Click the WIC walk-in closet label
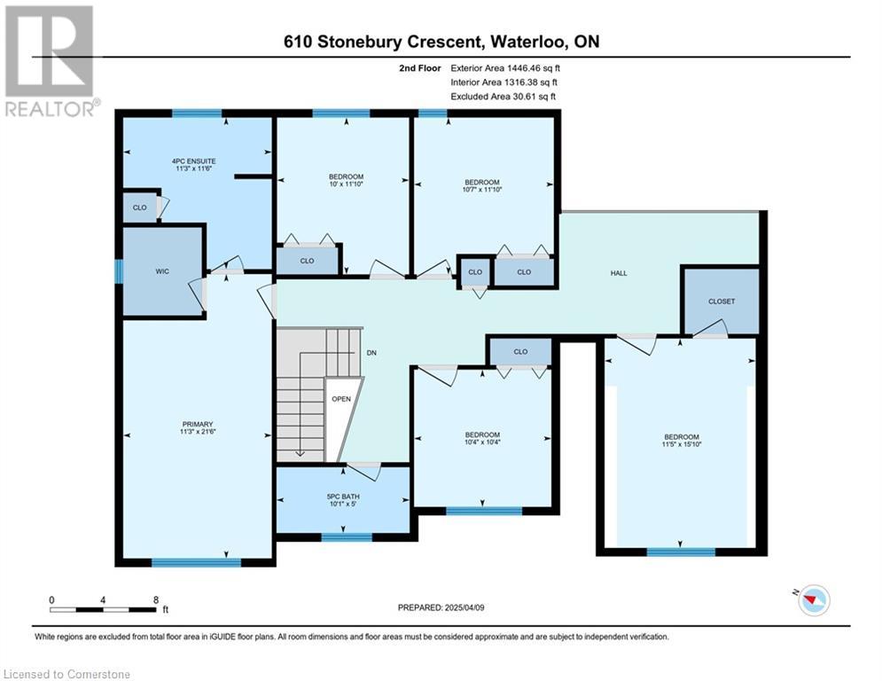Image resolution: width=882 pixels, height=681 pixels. (162, 271)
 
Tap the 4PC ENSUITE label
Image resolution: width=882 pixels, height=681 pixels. (193, 161)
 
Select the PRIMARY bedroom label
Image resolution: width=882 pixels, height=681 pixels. (198, 425)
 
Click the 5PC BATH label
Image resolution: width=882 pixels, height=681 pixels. (343, 497)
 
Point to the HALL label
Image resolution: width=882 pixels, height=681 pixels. (619, 273)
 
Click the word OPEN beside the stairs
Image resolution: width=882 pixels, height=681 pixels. (341, 399)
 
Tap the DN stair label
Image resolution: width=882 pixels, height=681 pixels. (371, 353)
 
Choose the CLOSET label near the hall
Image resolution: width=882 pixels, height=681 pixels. (722, 301)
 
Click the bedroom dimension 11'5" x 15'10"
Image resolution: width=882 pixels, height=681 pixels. (682, 444)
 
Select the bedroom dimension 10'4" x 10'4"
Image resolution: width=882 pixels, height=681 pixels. (482, 442)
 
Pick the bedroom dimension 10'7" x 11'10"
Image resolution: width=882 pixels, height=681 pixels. (482, 189)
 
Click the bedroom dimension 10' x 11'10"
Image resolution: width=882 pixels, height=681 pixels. (346, 184)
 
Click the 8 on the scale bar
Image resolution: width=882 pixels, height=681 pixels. (156, 600)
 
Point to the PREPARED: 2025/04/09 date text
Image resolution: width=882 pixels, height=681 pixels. (441, 607)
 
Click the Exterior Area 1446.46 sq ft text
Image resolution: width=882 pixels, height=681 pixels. (505, 68)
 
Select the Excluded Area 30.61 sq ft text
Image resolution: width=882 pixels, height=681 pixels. (503, 97)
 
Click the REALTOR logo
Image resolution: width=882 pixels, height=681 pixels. (51, 61)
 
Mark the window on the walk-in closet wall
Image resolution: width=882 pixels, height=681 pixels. (119, 271)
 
